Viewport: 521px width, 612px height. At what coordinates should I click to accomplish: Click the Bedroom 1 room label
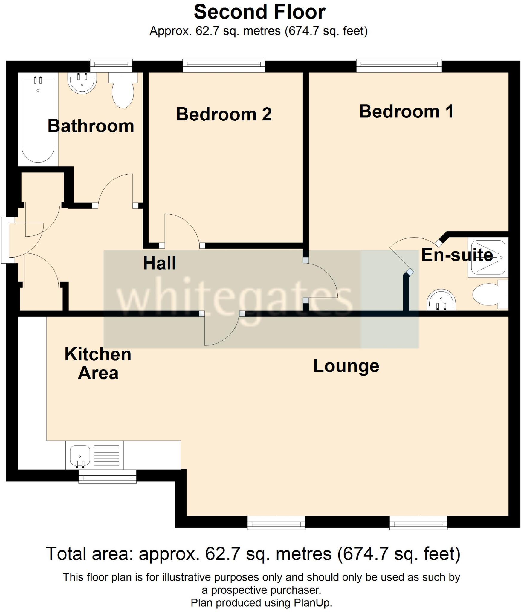(x=406, y=111)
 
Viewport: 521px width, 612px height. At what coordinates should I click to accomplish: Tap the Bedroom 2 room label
(x=224, y=114)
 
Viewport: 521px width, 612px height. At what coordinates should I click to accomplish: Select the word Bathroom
(x=91, y=126)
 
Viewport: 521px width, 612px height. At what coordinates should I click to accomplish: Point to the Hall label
(x=159, y=263)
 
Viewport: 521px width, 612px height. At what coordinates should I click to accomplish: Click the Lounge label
(x=346, y=366)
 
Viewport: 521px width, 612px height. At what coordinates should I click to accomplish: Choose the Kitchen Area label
(x=98, y=363)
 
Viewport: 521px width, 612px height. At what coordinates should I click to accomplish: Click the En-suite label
(x=457, y=255)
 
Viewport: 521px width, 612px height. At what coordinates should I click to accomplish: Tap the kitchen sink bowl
(x=80, y=456)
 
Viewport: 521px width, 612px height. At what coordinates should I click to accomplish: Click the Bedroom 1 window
(x=399, y=66)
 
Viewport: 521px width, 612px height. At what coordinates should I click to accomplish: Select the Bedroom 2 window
(x=224, y=66)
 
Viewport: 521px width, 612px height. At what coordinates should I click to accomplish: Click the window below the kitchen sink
(x=107, y=476)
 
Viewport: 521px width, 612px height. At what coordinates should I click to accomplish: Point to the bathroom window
(x=111, y=66)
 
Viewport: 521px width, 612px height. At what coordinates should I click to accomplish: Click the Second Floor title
(x=259, y=13)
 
